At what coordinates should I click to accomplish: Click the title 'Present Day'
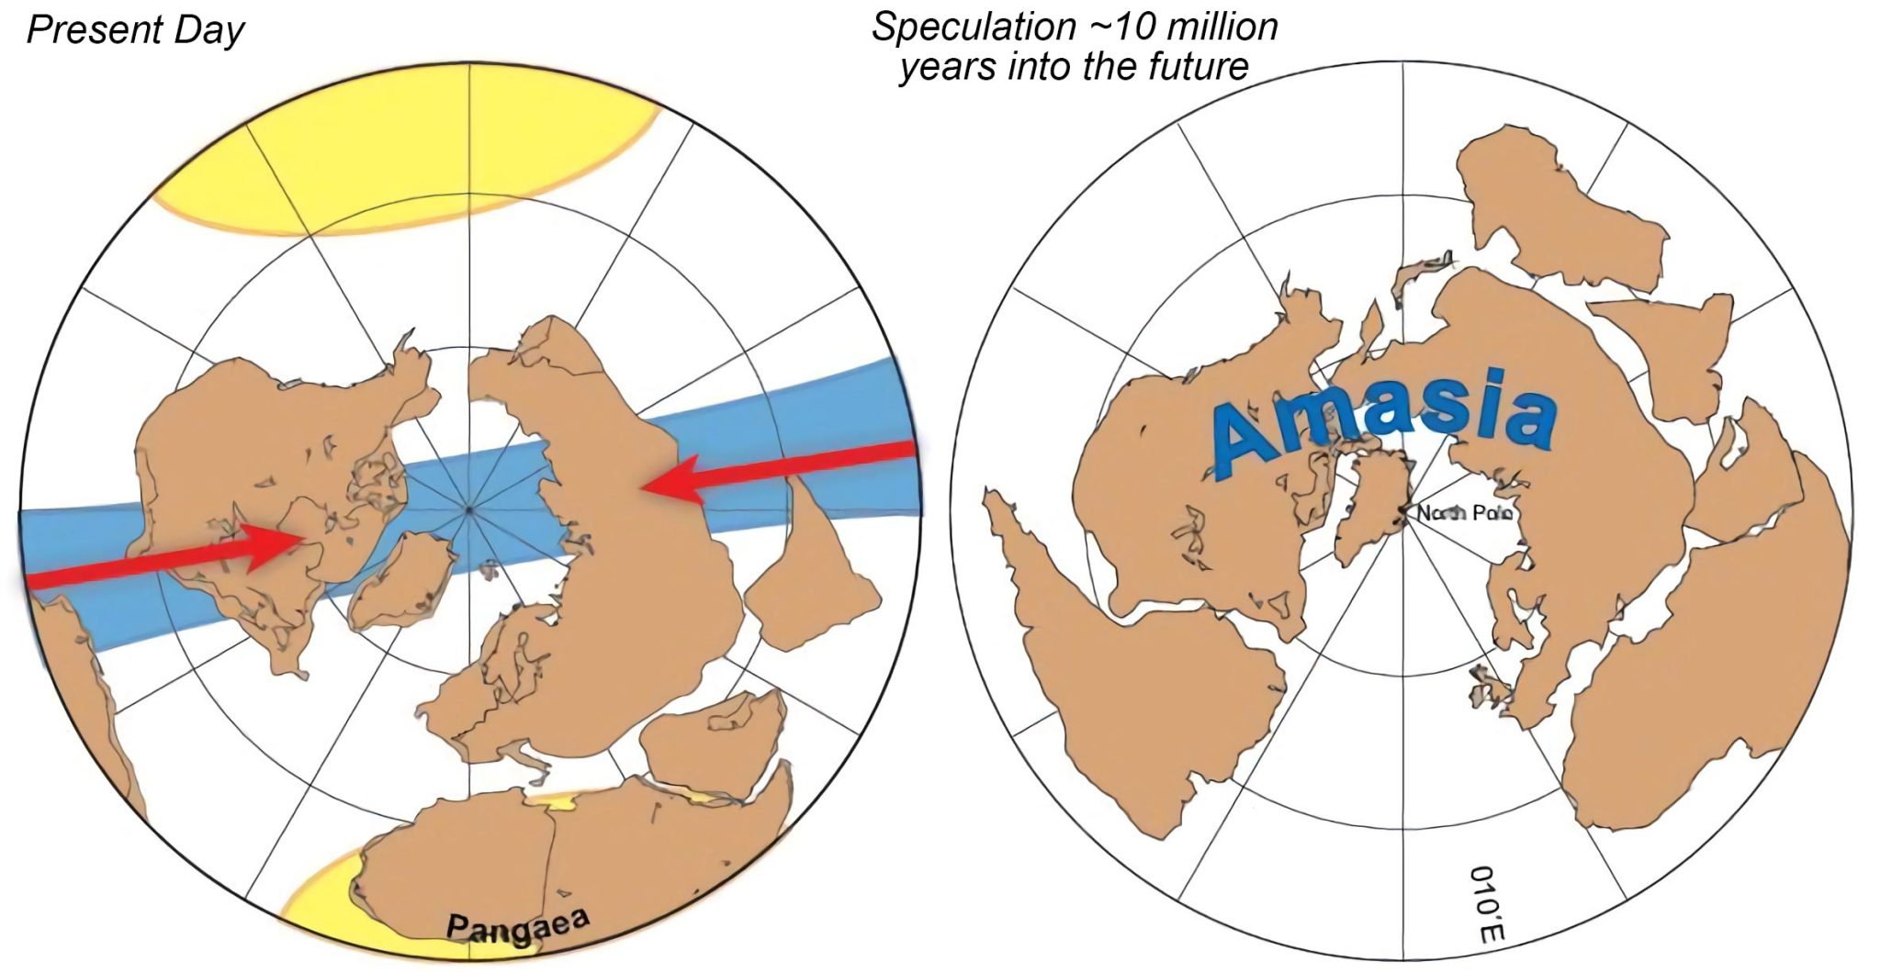pyautogui.click(x=135, y=29)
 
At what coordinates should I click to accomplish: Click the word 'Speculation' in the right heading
pyautogui.click(x=974, y=27)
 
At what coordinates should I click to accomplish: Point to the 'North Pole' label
pyautogui.click(x=1464, y=513)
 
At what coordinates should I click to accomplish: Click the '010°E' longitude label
pyautogui.click(x=1486, y=904)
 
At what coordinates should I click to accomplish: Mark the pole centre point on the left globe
pyautogui.click(x=469, y=509)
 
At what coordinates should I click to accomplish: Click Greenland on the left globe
pyautogui.click(x=401, y=578)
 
